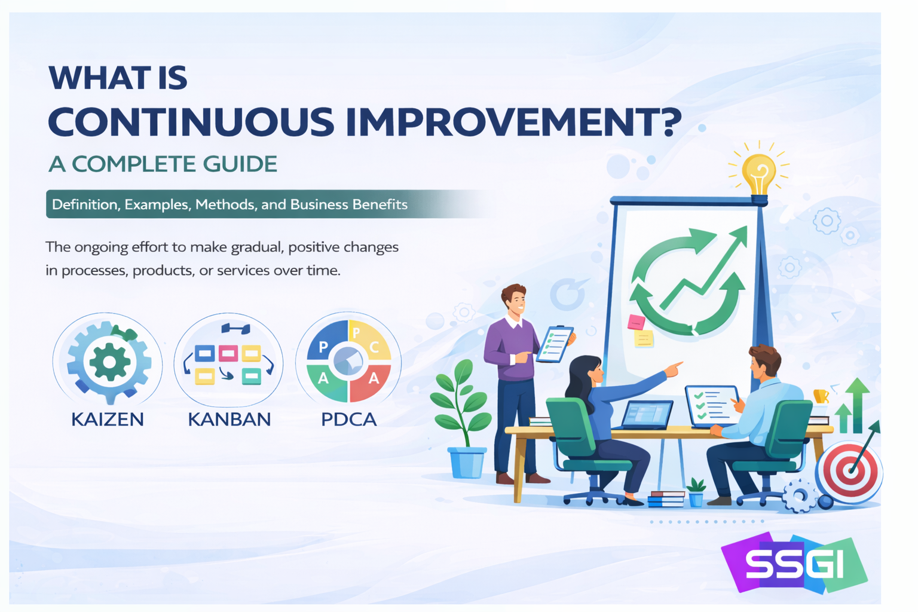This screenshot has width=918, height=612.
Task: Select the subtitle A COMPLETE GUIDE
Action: point(163,164)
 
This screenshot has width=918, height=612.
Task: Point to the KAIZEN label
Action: point(108,420)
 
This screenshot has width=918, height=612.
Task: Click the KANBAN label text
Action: point(229,420)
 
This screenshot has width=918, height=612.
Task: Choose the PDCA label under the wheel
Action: point(349,420)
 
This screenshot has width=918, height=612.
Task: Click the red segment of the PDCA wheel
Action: point(372,380)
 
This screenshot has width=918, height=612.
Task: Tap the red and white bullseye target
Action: point(849,472)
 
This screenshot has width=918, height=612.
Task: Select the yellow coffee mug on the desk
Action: point(821,396)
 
